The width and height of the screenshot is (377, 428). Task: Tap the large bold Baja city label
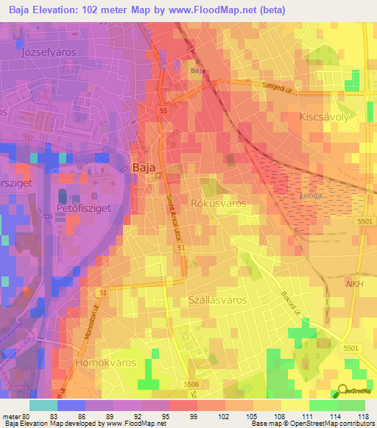tap(142, 168)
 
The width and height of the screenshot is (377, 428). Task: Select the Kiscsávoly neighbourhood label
tap(323, 117)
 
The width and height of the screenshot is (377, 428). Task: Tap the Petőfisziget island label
tap(82, 209)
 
